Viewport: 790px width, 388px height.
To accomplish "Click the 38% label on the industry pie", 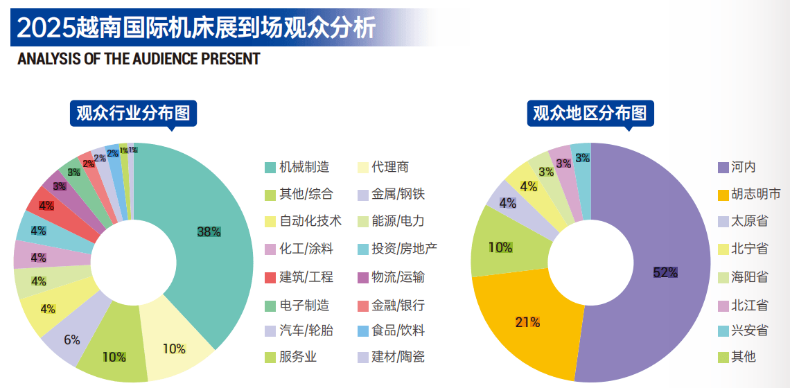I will pyautogui.click(x=209, y=232).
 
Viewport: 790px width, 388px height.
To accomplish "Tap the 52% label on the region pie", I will pyautogui.click(x=665, y=272).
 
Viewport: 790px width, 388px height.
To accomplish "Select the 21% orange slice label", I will pyautogui.click(x=527, y=322).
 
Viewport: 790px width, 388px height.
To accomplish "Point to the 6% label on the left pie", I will pyautogui.click(x=72, y=340).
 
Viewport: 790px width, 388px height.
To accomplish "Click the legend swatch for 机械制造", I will pyautogui.click(x=270, y=167).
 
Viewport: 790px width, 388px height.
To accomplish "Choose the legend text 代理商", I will pyautogui.click(x=390, y=167).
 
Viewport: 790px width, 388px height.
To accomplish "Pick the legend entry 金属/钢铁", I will pyautogui.click(x=397, y=194).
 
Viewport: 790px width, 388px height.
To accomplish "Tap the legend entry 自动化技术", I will pyautogui.click(x=310, y=221).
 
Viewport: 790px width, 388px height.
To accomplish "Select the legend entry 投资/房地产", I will pyautogui.click(x=404, y=249).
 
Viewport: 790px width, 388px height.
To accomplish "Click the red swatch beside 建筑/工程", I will pyautogui.click(x=270, y=277).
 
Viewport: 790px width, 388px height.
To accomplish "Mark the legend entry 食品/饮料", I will pyautogui.click(x=397, y=330).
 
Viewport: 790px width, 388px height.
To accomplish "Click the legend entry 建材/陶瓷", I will pyautogui.click(x=397, y=358).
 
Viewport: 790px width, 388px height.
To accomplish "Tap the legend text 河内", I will pyautogui.click(x=744, y=167).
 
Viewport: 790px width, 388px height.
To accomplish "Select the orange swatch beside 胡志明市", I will pyautogui.click(x=723, y=194).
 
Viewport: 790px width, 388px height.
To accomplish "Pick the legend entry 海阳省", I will pyautogui.click(x=750, y=277).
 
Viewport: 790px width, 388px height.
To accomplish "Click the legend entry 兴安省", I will pyautogui.click(x=750, y=330).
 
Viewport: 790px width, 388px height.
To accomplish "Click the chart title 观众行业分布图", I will pyautogui.click(x=133, y=112).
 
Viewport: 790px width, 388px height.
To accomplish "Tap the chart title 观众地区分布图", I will pyautogui.click(x=590, y=112).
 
